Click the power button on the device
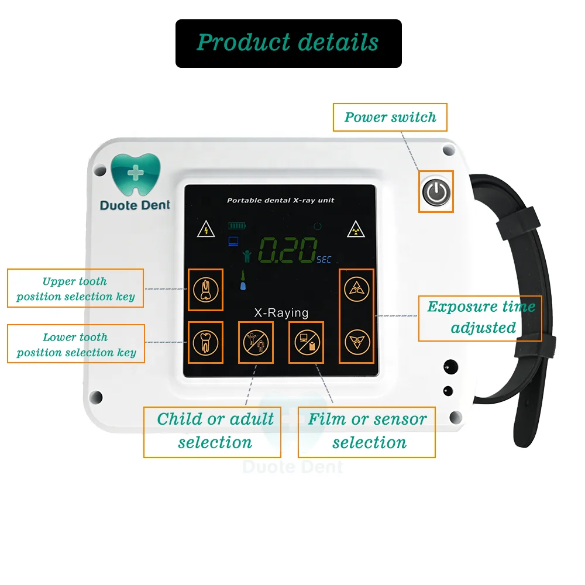coord(435,191)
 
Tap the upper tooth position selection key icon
coord(205,290)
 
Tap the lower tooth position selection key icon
coord(205,342)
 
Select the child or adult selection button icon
coord(255,342)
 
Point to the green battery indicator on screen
coord(238,225)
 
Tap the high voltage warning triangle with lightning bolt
coord(205,229)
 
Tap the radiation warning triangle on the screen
coord(355,229)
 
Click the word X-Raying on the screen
coord(281,313)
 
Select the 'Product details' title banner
coord(288,43)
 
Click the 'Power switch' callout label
coord(390,117)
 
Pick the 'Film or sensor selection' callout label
coord(367,432)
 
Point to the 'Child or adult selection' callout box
coord(212,432)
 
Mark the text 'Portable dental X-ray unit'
coord(281,201)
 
